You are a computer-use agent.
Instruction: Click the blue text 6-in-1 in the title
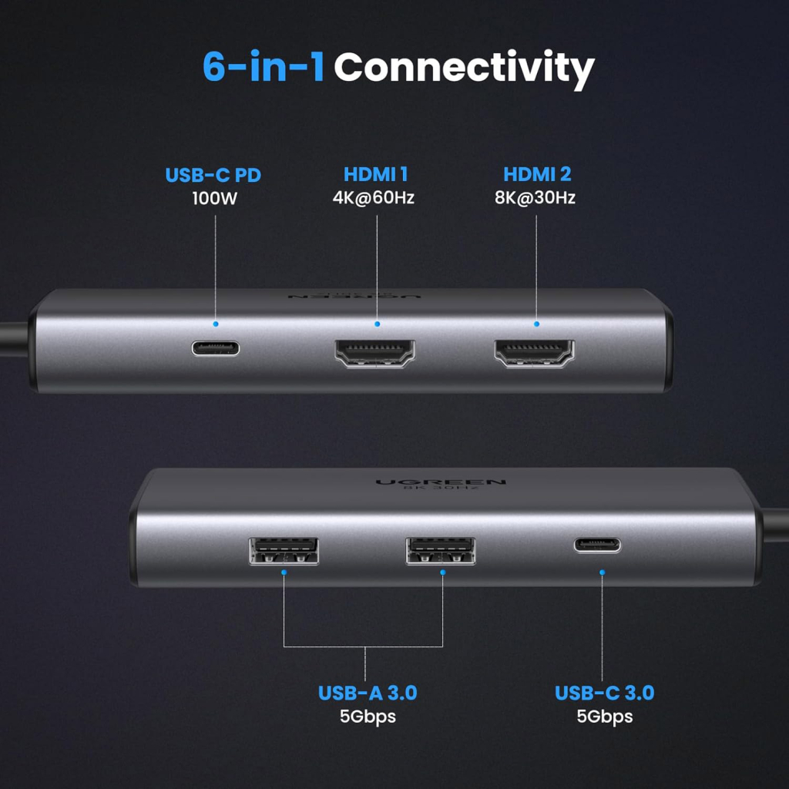pyautogui.click(x=264, y=68)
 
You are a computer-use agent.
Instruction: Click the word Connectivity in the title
pyautogui.click(x=464, y=69)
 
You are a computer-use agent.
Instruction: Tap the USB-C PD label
pyautogui.click(x=213, y=176)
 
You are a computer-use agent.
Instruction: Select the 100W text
pyautogui.click(x=213, y=198)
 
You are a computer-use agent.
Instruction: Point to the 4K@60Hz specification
pyautogui.click(x=374, y=198)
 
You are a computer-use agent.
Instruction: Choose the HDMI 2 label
pyautogui.click(x=537, y=176)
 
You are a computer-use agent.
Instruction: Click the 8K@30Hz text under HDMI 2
pyautogui.click(x=536, y=198)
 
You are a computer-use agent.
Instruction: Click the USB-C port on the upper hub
pyautogui.click(x=216, y=347)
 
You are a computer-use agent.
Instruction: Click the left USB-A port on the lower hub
pyautogui.click(x=284, y=552)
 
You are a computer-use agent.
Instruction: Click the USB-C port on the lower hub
pyautogui.click(x=597, y=546)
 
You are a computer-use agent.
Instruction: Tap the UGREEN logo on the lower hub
pyautogui.click(x=441, y=482)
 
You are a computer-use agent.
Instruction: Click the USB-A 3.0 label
pyautogui.click(x=368, y=693)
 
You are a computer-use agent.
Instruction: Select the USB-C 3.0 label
pyautogui.click(x=604, y=693)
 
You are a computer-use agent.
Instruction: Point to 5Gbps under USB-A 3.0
pyautogui.click(x=368, y=717)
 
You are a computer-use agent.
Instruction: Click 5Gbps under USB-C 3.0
pyautogui.click(x=604, y=717)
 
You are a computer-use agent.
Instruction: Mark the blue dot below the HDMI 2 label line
pyautogui.click(x=536, y=324)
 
